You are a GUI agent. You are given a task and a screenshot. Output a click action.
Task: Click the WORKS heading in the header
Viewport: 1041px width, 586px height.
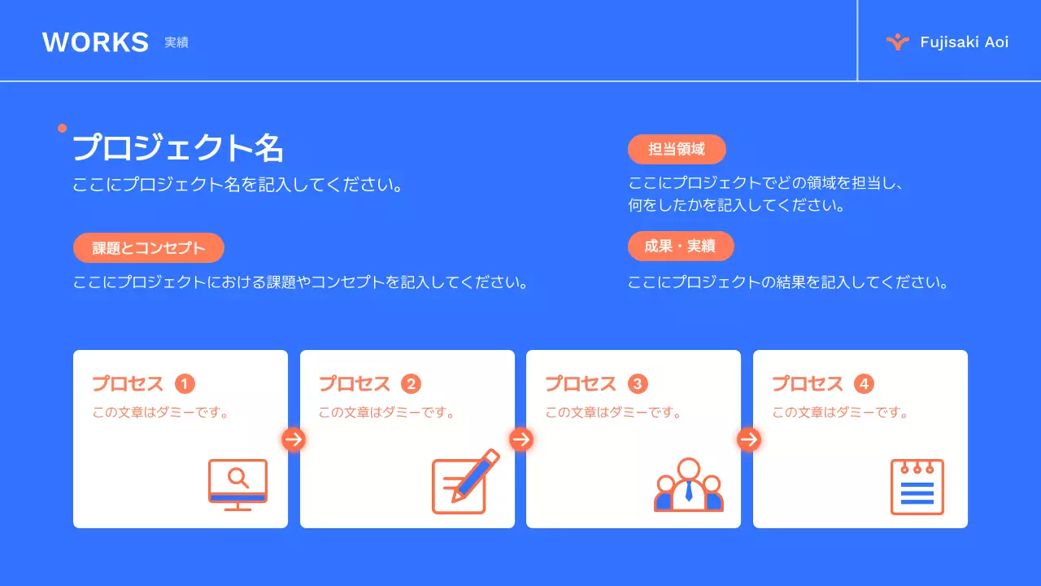pyautogui.click(x=95, y=42)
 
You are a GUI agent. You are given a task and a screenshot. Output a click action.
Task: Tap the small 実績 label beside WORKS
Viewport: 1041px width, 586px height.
pyautogui.click(x=176, y=42)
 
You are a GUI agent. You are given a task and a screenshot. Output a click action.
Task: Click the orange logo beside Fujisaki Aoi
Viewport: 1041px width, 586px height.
pyautogui.click(x=897, y=42)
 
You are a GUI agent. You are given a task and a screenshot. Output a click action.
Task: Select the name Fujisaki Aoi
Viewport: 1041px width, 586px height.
pyautogui.click(x=964, y=42)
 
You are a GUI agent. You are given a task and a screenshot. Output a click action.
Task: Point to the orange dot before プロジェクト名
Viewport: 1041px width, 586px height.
pyautogui.click(x=62, y=128)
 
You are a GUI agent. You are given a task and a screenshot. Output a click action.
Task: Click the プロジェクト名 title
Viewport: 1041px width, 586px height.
pyautogui.click(x=178, y=148)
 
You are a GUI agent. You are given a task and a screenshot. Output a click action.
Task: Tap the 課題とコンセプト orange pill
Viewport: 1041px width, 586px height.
pyautogui.click(x=149, y=248)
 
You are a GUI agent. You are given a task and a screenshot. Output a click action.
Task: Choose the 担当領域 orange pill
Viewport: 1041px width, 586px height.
pyautogui.click(x=677, y=150)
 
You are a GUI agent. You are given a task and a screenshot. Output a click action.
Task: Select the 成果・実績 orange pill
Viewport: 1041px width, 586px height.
pyautogui.click(x=681, y=247)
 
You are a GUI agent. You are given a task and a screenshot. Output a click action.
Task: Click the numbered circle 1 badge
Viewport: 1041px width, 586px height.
pyautogui.click(x=185, y=384)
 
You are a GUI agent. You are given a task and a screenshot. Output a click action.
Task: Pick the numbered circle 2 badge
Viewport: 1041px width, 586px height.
pyautogui.click(x=412, y=384)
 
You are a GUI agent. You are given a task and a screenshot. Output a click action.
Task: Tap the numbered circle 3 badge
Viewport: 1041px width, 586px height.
pyautogui.click(x=638, y=384)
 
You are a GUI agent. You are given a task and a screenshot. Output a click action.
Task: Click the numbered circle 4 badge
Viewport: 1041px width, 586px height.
pyautogui.click(x=864, y=384)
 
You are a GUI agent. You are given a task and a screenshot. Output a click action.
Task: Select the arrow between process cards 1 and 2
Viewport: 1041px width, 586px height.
pyautogui.click(x=294, y=439)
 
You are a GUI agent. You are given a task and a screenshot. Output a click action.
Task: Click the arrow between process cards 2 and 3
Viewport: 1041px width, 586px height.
pyautogui.click(x=520, y=439)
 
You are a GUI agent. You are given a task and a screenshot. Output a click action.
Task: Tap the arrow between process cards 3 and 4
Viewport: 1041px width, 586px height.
pyautogui.click(x=748, y=439)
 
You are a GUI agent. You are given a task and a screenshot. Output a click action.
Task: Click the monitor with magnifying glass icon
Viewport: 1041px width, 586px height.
pyautogui.click(x=237, y=485)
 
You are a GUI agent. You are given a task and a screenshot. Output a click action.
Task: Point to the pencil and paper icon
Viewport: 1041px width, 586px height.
pyautogui.click(x=464, y=482)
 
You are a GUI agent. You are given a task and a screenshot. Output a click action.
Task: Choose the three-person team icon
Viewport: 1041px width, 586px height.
pyautogui.click(x=689, y=485)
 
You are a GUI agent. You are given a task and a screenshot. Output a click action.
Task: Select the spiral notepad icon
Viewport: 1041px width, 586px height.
pyautogui.click(x=917, y=487)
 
